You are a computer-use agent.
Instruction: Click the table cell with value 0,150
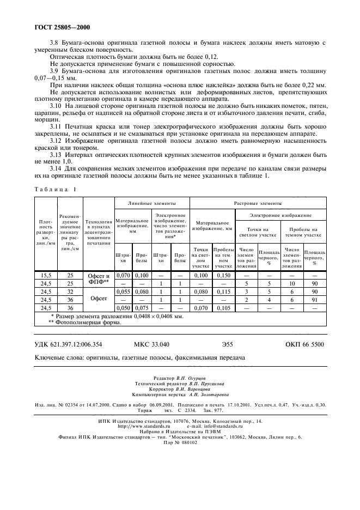tap(223, 276)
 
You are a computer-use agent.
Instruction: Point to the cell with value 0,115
tap(223, 292)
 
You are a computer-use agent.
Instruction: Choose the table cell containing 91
tap(314, 300)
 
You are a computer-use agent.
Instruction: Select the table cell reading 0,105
tap(223, 307)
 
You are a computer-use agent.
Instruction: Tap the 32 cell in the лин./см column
tap(70, 292)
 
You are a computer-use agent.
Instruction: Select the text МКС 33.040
tap(151, 344)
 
